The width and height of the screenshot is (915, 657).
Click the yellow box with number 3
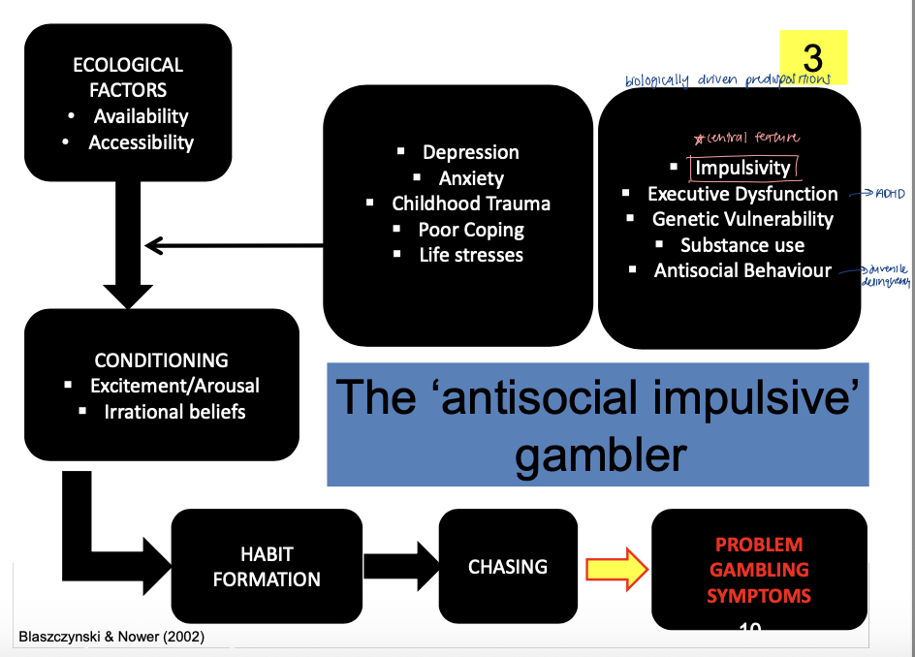coord(813,57)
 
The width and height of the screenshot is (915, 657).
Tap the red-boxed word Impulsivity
coord(742,168)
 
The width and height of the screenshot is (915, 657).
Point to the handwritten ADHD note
coord(889,194)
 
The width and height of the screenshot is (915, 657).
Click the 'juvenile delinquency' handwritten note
coord(885,276)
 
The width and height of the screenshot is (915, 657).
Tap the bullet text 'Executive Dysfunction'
coord(742,194)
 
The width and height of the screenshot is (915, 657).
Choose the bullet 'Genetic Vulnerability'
coord(742,219)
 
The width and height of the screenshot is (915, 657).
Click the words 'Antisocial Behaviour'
coord(742,270)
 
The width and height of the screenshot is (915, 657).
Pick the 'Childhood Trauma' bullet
coord(471,203)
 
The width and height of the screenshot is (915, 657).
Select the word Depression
coord(471,152)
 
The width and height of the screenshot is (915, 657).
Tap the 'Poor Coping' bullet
coord(471,230)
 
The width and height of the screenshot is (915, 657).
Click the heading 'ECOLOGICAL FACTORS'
coord(128,78)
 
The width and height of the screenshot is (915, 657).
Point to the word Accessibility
coord(142,142)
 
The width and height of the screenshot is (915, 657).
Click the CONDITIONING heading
coord(162,360)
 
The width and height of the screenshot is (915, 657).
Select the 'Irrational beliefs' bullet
coord(174,412)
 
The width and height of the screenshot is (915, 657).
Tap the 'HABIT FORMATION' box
coord(267,567)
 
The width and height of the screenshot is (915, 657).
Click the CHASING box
coord(508,566)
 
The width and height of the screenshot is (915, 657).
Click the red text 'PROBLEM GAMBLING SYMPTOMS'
coord(759,570)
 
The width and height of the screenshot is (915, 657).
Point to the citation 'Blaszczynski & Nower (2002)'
coord(112,637)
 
